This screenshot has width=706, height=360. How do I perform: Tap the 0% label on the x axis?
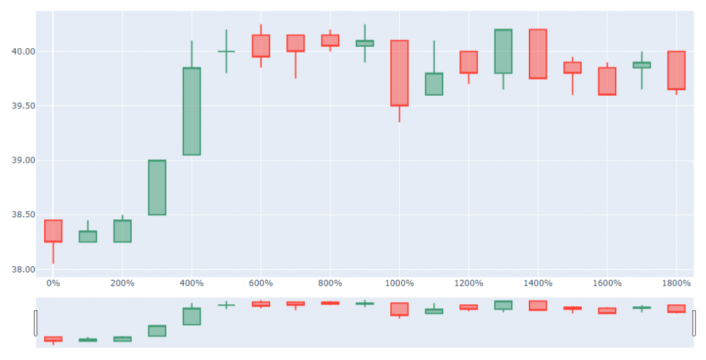(53, 283)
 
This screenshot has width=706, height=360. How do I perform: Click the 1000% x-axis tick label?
(399, 283)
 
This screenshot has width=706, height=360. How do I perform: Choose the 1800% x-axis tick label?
(676, 283)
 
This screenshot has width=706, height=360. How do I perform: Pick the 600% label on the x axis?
(261, 283)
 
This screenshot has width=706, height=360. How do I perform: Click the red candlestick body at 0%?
(53, 231)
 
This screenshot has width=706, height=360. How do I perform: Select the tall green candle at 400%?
(192, 111)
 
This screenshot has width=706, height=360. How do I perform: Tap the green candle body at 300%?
(157, 188)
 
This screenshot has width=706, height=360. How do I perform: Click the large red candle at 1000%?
(399, 73)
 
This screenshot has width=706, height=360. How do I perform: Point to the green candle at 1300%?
(503, 51)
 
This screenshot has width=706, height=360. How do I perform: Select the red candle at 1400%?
(538, 54)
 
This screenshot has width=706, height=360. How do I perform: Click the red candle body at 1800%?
(676, 70)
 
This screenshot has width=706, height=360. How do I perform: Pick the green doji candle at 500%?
(226, 51)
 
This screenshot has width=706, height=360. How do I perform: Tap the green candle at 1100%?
(434, 83)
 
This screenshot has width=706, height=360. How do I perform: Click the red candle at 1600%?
(607, 81)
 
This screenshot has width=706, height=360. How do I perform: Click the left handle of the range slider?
(35, 323)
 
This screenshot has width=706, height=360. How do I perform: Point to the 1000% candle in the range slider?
(399, 309)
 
